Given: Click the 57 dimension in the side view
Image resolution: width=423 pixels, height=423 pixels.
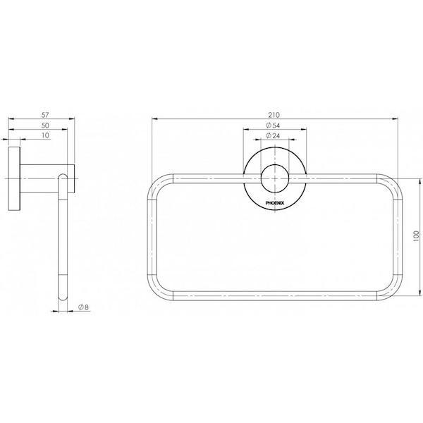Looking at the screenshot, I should point(45,113).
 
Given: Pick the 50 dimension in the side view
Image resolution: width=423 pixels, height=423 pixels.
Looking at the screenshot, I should point(45,124).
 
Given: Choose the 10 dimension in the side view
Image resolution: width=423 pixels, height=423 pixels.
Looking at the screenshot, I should point(45,135).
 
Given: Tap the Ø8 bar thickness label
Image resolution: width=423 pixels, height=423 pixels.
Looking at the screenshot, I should point(82,307).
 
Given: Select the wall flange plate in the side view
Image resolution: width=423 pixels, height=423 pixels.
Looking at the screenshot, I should point(14,180).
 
